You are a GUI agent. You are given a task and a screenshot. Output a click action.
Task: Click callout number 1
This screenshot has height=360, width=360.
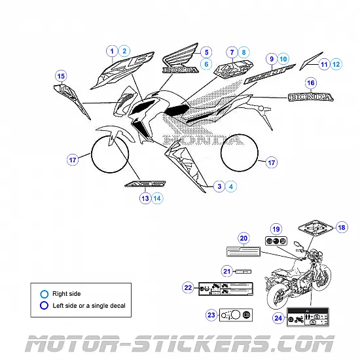tap(112, 51)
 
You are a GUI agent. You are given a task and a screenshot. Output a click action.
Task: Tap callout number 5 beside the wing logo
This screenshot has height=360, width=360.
tap(206, 52)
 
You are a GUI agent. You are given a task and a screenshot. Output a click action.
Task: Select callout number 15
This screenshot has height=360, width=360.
tap(61, 77)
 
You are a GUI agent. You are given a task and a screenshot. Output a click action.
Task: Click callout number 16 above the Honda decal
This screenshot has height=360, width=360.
tap(311, 83)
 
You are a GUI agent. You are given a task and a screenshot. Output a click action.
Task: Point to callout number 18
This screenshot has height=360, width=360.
tap(342, 227)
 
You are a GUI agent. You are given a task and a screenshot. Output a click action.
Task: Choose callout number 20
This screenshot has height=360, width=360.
tap(243, 238)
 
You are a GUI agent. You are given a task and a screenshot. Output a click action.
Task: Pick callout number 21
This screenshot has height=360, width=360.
tap(227, 271)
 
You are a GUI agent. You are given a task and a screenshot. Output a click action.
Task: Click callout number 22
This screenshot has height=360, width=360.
tap(188, 287)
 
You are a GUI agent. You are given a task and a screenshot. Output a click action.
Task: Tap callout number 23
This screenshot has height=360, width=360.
tap(211, 315)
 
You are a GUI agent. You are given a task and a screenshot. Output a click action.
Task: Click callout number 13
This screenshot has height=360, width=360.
tap(145, 198)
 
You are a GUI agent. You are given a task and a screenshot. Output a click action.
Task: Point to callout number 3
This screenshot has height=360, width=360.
tap(219, 187)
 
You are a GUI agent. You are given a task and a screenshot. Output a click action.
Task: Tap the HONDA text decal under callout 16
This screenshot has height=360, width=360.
tap(311, 98)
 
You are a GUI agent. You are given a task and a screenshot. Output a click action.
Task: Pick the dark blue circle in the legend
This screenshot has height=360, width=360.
tap(45, 305)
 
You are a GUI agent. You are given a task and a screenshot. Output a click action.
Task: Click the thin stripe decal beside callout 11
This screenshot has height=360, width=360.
tap(312, 60)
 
